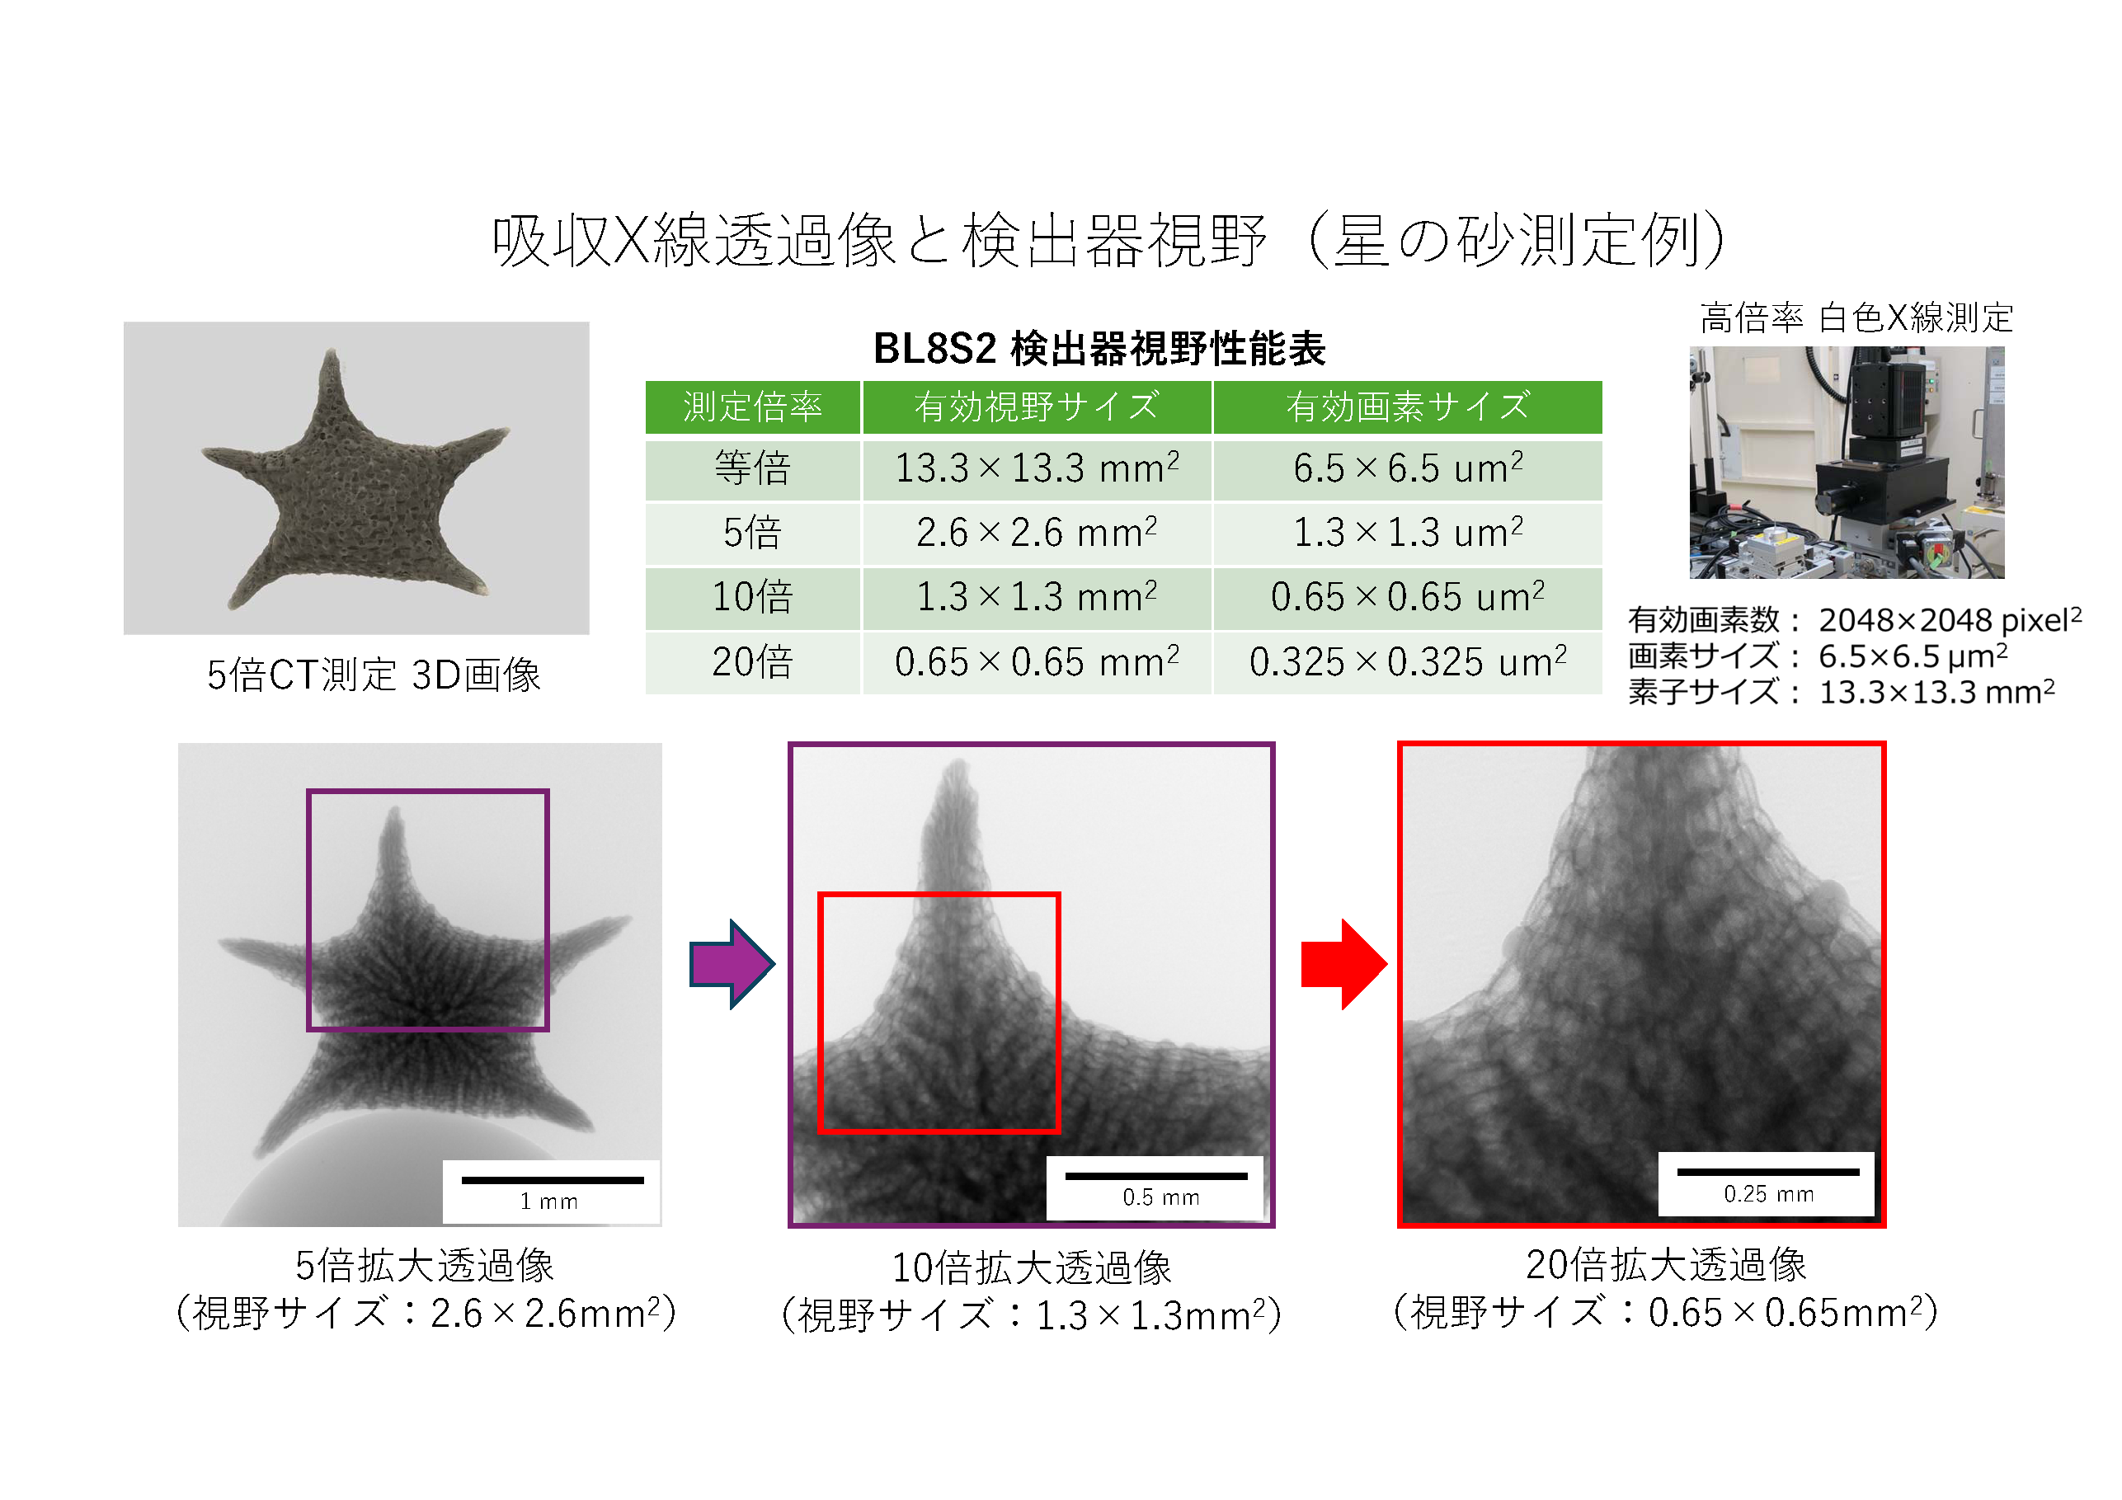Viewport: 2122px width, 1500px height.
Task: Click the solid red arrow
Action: (x=1343, y=964)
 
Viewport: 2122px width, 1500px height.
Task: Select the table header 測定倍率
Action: (x=752, y=407)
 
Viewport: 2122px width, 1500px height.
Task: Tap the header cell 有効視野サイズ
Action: (x=1036, y=407)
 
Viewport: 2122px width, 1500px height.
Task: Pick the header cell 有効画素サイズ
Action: (x=1408, y=407)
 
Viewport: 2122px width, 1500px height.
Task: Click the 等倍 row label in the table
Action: (x=752, y=468)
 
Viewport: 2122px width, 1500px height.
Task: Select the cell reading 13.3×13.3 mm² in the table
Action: (x=1036, y=468)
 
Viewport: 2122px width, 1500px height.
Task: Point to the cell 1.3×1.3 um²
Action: (x=1408, y=533)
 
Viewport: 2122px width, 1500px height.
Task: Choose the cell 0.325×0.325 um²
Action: (x=1408, y=661)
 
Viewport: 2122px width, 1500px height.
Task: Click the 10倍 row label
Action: (x=752, y=597)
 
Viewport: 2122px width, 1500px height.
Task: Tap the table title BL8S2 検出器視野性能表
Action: (x=1100, y=349)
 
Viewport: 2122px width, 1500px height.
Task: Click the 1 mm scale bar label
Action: (x=549, y=1201)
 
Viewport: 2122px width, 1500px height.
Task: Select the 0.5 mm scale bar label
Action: (x=1161, y=1198)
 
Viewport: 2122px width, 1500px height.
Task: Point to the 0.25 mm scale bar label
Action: (x=1769, y=1194)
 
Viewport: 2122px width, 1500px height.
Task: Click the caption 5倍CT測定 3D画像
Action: (x=374, y=675)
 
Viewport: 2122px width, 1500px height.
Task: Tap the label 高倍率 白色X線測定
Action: (x=1856, y=318)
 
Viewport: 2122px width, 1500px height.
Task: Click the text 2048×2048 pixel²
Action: (x=1950, y=619)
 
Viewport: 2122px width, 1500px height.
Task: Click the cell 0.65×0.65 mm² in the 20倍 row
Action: (x=1036, y=661)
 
